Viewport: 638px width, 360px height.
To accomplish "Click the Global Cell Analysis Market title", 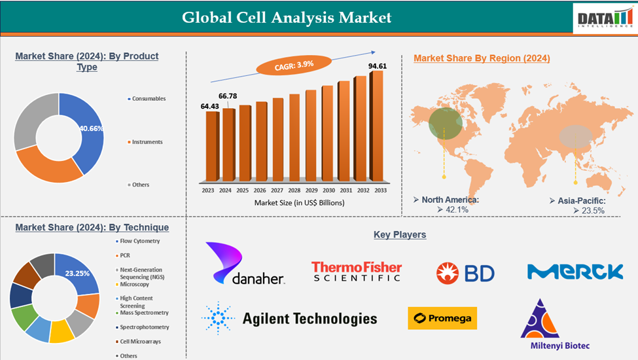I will coord(287,16).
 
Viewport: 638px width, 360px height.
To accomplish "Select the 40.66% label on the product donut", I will coord(91,128).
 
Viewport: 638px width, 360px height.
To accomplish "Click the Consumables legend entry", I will coord(149,99).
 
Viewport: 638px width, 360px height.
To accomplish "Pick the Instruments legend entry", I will coord(147,142).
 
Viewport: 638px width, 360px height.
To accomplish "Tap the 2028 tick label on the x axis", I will coord(294,190).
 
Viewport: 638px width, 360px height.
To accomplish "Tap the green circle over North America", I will coord(445,122).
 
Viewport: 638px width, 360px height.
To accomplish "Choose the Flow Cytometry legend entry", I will coord(139,242).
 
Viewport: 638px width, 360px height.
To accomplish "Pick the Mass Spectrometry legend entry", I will coord(144,313).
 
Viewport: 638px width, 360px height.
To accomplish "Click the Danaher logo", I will coord(245,264).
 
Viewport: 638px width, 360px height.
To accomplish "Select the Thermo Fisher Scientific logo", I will coord(356,271).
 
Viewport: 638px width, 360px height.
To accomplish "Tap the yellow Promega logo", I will coord(442,318).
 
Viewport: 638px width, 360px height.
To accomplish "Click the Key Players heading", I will coord(400,234).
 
